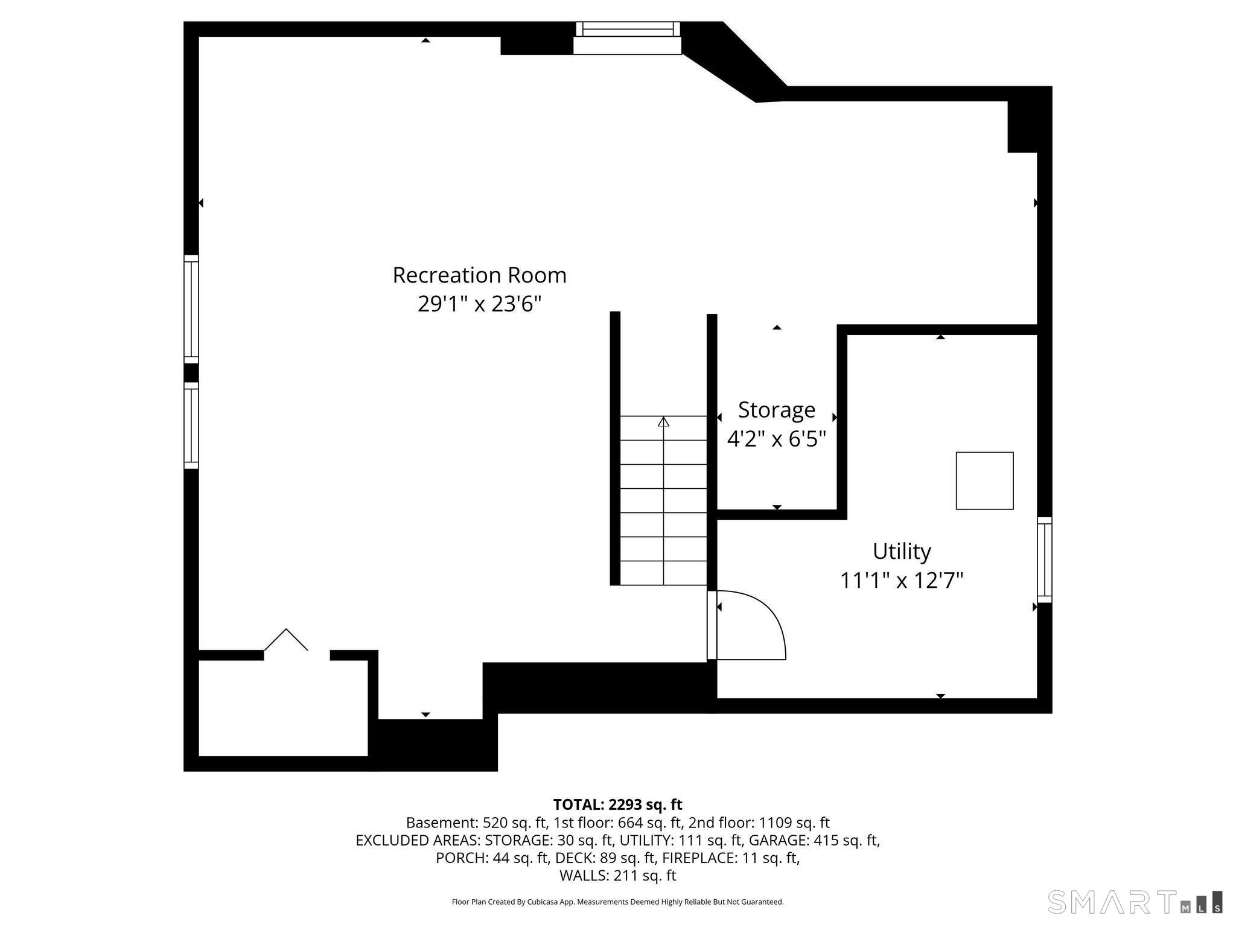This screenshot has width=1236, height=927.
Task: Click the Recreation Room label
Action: [x=479, y=275]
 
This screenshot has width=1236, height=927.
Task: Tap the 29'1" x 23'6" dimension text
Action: [x=479, y=304]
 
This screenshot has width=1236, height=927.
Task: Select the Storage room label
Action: [x=776, y=410]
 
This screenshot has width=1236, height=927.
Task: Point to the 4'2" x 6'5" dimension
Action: [x=776, y=439]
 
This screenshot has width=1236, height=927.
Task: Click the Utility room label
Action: [x=902, y=551]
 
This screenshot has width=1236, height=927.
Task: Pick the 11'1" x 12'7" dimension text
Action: [x=902, y=581]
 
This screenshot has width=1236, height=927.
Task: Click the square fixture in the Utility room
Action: [x=984, y=480]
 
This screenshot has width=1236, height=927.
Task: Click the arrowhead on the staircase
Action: [x=663, y=421]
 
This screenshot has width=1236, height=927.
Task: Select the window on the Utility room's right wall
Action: [x=1044, y=559]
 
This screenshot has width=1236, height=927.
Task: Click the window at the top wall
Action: [x=628, y=37]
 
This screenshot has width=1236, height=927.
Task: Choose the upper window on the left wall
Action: [x=191, y=309]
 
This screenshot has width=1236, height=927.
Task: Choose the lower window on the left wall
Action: [x=191, y=425]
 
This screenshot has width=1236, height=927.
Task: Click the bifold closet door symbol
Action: [x=286, y=640]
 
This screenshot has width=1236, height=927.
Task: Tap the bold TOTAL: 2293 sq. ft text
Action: [x=617, y=804]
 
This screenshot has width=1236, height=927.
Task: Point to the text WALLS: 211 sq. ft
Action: [x=617, y=875]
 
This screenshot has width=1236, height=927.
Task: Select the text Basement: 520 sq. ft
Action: [x=476, y=823]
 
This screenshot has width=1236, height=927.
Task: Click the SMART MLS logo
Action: [x=1135, y=902]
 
